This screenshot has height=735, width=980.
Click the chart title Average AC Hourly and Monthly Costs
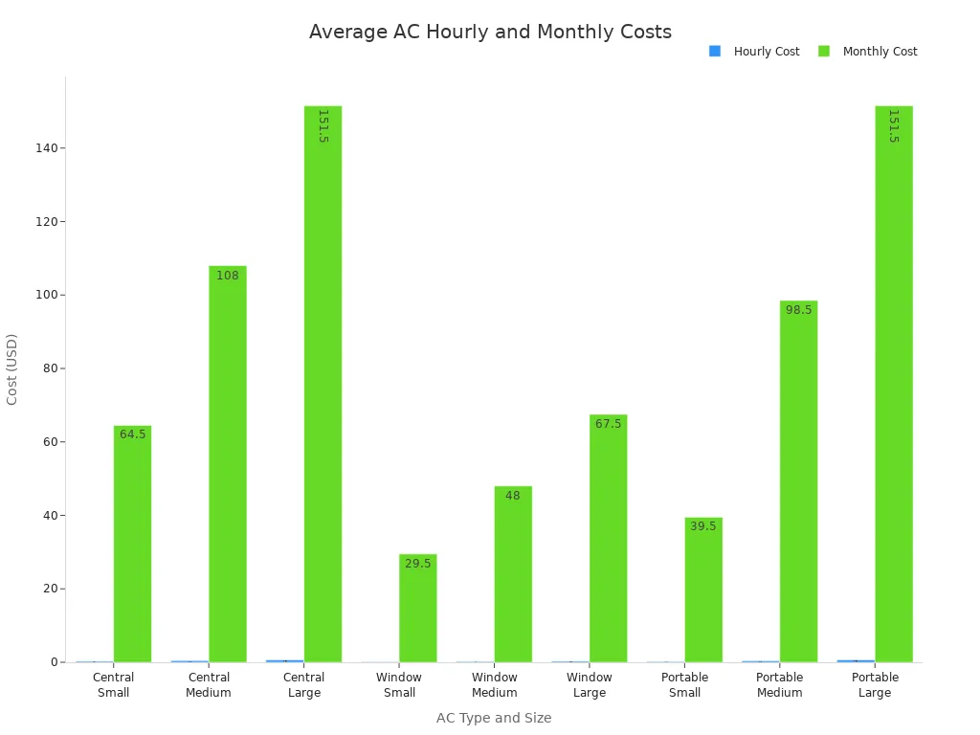490,32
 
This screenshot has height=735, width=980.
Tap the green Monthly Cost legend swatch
824,51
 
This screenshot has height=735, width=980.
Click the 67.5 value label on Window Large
609,424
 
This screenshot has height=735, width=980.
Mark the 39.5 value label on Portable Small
703,526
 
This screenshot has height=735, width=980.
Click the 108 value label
228,276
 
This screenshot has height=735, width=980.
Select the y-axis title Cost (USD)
12,368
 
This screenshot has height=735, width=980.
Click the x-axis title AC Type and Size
494,718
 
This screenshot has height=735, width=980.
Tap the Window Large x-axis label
590,684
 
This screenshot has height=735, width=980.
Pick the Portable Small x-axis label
684,684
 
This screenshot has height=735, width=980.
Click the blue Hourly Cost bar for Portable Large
856,660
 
